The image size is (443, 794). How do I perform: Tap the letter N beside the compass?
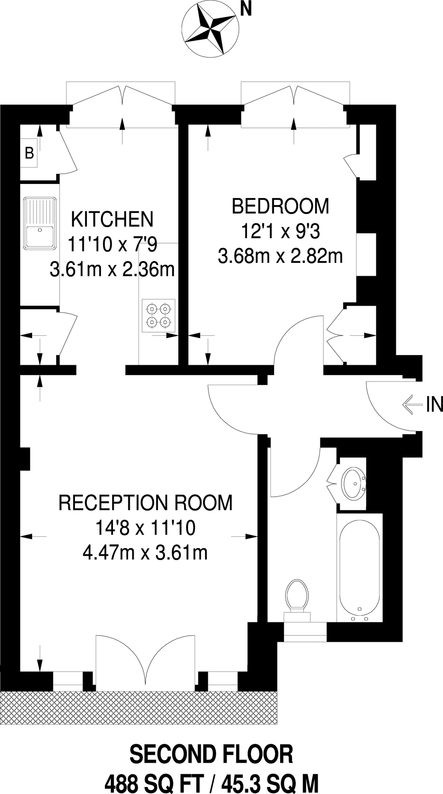(x=245, y=10)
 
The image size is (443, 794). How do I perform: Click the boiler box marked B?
(x=29, y=153)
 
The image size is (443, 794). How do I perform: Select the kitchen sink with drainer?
(x=40, y=223)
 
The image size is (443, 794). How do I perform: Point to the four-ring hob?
(x=158, y=315)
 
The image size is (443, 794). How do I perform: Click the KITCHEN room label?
(x=112, y=219)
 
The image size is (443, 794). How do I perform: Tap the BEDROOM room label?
(x=281, y=206)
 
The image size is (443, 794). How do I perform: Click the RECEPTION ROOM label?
(x=145, y=503)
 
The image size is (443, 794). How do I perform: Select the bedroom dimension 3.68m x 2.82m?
(x=281, y=256)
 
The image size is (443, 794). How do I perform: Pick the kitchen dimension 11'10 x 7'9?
(x=112, y=244)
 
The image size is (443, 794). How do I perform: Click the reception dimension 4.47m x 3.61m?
(x=145, y=552)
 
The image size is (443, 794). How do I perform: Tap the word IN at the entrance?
(x=434, y=404)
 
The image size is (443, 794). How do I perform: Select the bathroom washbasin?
(x=353, y=484)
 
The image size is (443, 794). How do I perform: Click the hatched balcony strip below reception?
(x=139, y=708)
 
